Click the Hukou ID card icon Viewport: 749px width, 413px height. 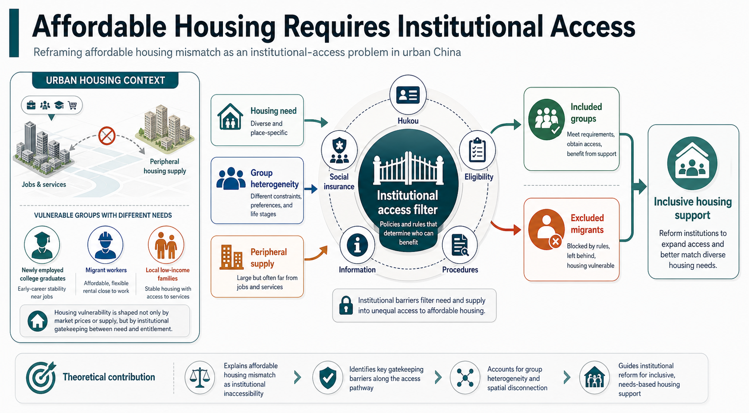408,95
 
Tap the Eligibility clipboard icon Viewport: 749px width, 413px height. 477,150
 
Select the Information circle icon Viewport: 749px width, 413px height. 357,245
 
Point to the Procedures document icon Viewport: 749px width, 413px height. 460,245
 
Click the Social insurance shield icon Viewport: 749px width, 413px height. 339,150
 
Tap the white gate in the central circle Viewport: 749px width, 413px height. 408,168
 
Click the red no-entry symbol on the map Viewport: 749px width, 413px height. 107,136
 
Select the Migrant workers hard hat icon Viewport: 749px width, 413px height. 105,245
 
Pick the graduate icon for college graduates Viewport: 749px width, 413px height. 42,245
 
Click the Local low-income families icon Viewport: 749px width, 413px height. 166,245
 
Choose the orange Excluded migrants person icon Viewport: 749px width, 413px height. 546,230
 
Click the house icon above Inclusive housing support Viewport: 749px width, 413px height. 692,163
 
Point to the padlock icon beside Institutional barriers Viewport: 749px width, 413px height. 346,305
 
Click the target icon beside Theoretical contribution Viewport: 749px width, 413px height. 41,377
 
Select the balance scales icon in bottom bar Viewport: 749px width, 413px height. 199,378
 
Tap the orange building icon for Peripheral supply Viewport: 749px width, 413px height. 231,257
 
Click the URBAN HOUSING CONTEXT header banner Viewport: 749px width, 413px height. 105,81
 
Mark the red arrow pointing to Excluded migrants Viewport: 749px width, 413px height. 506,228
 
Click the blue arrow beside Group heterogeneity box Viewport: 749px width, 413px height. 311,189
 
